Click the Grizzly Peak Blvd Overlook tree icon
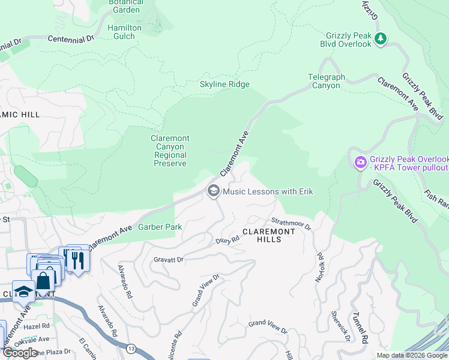(380, 39)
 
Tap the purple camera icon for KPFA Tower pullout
(360, 162)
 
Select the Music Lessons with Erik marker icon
(213, 191)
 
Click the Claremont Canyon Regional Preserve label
(170, 151)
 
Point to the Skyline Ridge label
(224, 85)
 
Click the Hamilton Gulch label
(124, 32)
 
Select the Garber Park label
(160, 227)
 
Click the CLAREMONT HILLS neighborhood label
(270, 235)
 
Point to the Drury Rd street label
(228, 240)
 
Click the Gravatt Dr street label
(168, 260)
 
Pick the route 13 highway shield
(131, 348)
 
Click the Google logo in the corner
(20, 353)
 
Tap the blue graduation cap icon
(23, 292)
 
